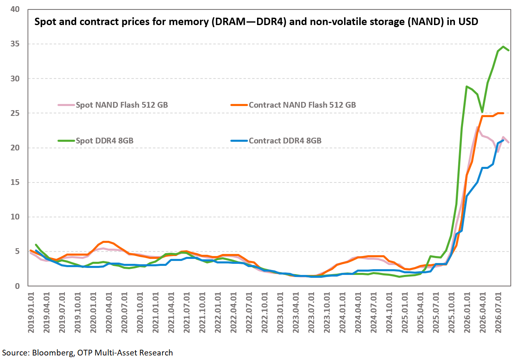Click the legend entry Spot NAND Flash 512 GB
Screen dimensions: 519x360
pos(113,105)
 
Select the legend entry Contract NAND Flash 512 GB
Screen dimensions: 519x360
pos(293,105)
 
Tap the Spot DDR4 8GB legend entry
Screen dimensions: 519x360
pos(96,141)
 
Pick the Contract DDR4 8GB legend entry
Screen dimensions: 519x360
pos(276,141)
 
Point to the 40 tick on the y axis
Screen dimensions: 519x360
pos(15,9)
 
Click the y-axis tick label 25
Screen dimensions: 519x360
pos(15,113)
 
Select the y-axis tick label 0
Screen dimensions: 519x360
pos(17,286)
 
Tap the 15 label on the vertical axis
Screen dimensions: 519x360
pos(15,182)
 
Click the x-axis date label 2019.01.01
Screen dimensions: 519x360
pos(31,312)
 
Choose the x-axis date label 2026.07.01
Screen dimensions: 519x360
pos(498,312)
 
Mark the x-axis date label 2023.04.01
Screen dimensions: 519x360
pos(296,312)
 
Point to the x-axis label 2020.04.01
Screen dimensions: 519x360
pos(109,312)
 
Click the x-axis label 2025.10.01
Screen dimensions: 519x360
pos(452,312)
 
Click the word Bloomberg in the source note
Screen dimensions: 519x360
pos(53,353)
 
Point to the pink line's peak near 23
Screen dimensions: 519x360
pos(477,127)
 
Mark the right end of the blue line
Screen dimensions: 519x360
pos(503,140)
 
